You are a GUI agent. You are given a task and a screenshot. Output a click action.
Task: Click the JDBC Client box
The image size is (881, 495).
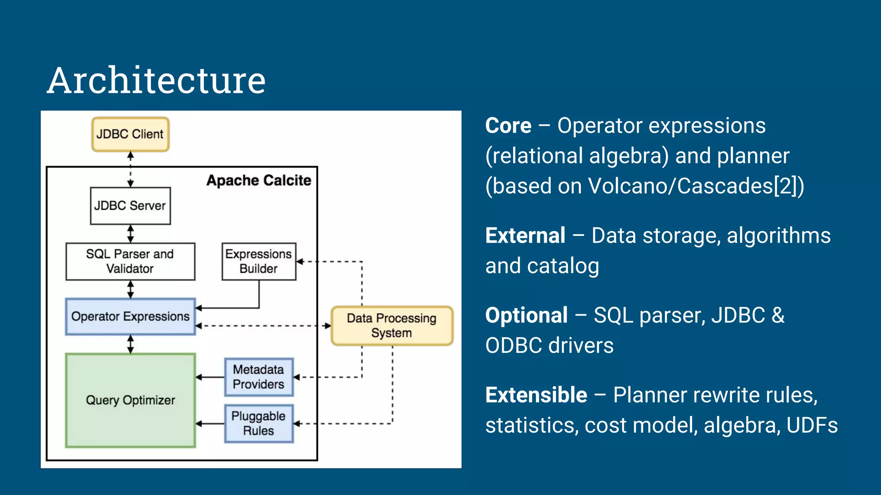tap(130, 134)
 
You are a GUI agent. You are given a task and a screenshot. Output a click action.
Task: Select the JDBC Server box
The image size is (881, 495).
tap(130, 205)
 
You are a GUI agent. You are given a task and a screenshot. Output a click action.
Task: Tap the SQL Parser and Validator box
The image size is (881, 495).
tap(130, 261)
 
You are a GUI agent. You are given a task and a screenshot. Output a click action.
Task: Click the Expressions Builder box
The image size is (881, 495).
tap(259, 261)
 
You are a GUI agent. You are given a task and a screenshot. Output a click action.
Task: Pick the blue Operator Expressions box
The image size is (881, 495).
tap(130, 317)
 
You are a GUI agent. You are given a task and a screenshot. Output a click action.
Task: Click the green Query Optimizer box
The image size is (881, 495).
tap(130, 400)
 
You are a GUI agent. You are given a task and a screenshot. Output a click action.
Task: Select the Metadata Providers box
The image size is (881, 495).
tap(259, 377)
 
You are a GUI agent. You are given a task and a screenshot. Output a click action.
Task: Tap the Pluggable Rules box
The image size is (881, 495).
tap(259, 423)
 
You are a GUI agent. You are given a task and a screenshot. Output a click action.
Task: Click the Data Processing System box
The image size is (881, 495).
tap(391, 325)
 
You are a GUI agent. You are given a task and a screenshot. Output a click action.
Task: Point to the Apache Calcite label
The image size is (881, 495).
tap(259, 180)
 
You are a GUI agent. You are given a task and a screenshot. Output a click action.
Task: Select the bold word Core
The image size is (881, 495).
tap(508, 126)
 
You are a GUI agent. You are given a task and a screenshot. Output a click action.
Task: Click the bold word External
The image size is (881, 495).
tap(525, 236)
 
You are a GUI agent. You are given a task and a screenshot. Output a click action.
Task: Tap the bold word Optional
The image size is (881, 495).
tap(526, 315)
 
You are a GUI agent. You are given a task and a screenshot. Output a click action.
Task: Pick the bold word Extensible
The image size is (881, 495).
tap(536, 395)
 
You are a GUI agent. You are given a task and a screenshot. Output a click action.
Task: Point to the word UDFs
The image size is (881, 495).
tap(812, 425)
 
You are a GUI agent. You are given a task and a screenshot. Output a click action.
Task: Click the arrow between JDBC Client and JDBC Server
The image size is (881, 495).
tap(130, 169)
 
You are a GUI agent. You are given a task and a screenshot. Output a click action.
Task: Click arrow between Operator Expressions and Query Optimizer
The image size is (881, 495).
tap(130, 344)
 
